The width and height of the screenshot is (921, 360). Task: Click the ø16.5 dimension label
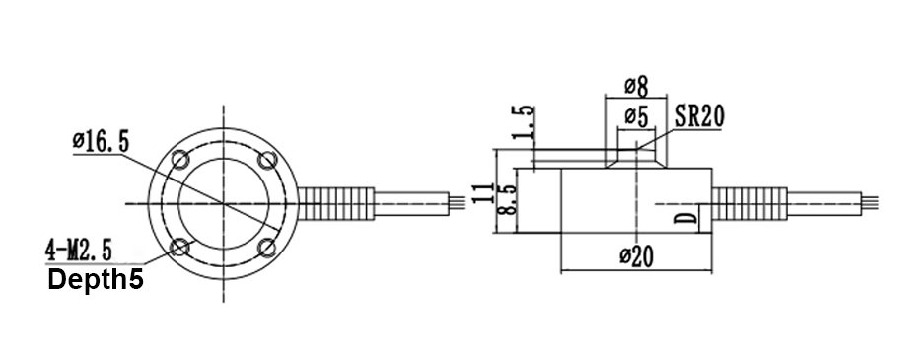click(100, 142)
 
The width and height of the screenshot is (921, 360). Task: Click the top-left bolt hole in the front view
click(180, 160)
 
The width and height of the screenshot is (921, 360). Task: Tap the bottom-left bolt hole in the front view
click(180, 247)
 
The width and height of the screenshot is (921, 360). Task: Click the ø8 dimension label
click(635, 84)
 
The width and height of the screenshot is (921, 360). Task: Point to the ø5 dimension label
click(635, 118)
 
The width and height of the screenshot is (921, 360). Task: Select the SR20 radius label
click(701, 116)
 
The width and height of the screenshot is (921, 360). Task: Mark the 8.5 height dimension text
click(506, 201)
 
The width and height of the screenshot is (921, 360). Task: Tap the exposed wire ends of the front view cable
click(455, 203)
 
